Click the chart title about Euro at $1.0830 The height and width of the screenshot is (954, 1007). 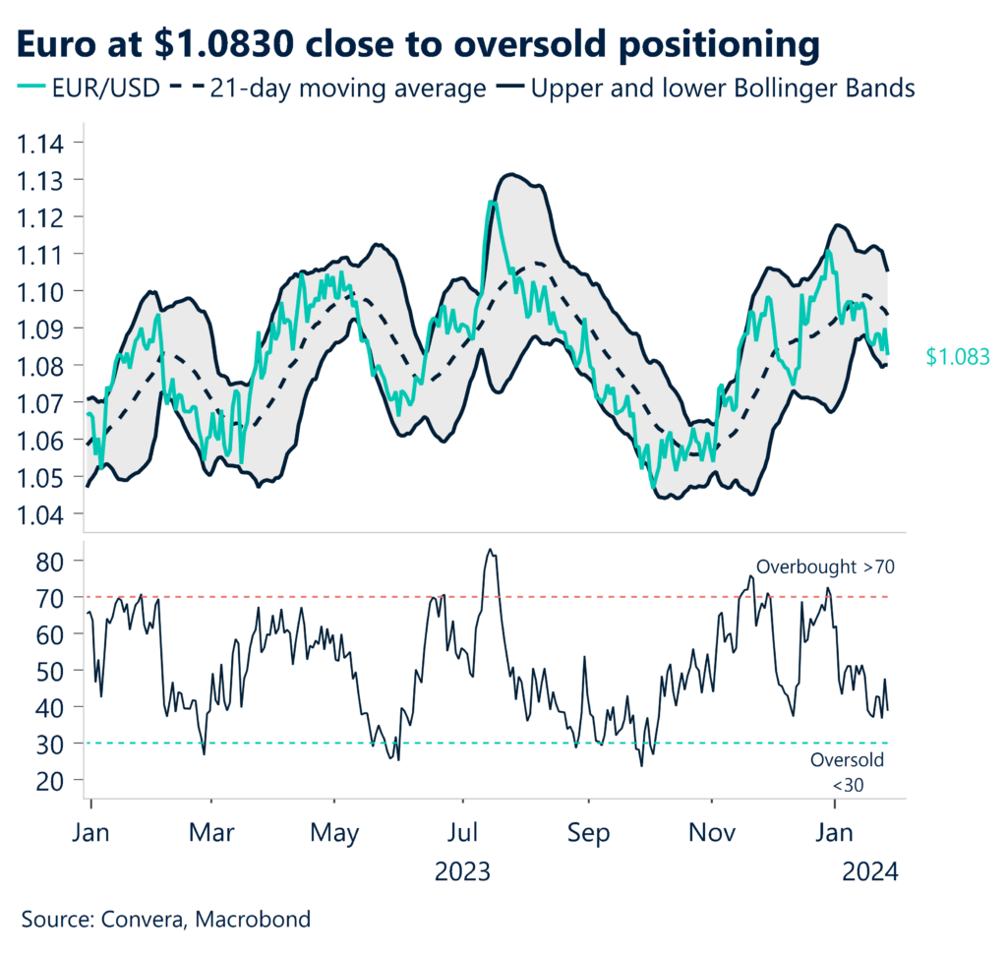(417, 43)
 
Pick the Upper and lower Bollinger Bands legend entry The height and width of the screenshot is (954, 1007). (708, 89)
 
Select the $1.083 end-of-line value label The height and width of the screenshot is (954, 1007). (957, 358)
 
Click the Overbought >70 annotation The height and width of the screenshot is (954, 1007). (824, 567)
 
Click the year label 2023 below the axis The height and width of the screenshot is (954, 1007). (461, 871)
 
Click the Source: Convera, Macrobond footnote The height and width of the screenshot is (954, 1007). (166, 921)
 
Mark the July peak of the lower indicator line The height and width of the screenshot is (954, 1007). (490, 550)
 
